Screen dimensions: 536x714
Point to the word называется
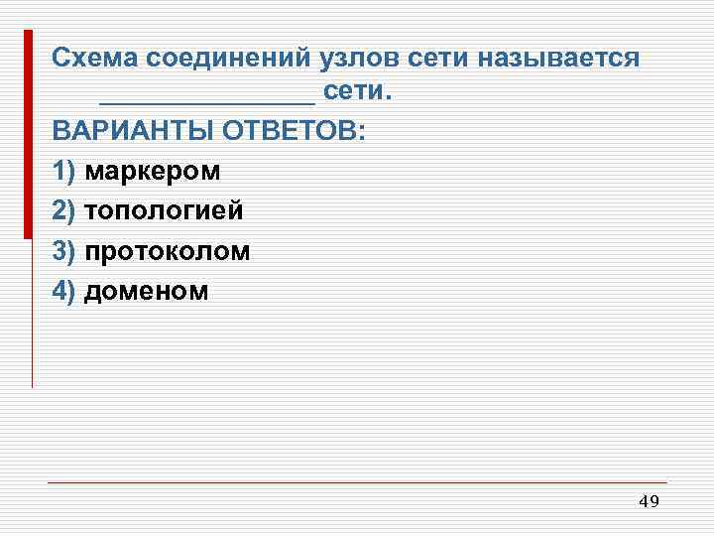pyautogui.click(x=557, y=58)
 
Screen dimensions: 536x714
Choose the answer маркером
pyautogui.click(x=153, y=172)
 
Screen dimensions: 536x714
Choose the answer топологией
pyautogui.click(x=164, y=211)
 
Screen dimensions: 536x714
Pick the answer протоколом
pyautogui.click(x=168, y=251)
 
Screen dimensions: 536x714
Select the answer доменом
pyautogui.click(x=147, y=291)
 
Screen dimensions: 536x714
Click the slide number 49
pyautogui.click(x=649, y=502)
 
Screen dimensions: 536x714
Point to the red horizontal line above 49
pyautogui.click(x=357, y=482)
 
